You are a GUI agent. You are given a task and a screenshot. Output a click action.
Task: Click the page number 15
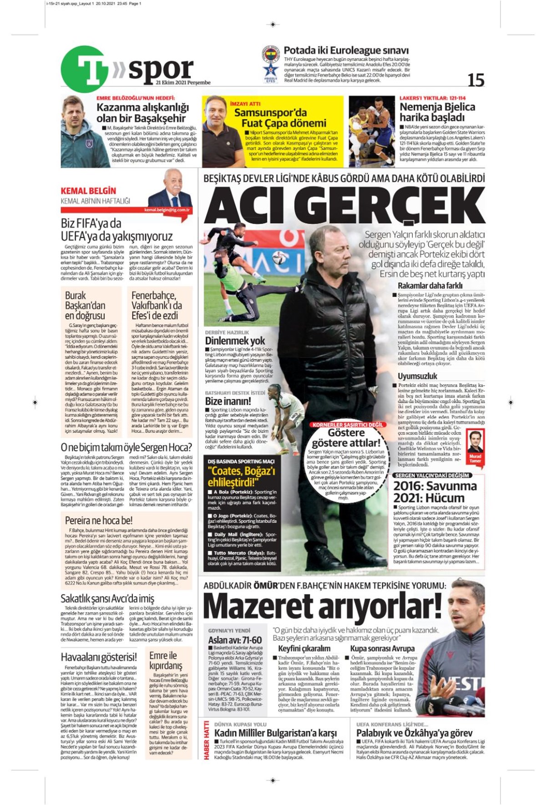click(476, 80)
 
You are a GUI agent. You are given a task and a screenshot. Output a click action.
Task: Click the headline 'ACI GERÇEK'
click(344, 205)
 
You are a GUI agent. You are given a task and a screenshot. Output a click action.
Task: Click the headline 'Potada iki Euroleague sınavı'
click(346, 50)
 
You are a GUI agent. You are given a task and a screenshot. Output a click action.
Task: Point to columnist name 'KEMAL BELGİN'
click(88, 191)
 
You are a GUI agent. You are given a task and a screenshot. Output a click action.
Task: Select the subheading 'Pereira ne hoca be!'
click(99, 520)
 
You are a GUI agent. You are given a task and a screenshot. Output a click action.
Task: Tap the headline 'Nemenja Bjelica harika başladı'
click(437, 112)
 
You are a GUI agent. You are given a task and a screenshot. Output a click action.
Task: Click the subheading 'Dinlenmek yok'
click(235, 341)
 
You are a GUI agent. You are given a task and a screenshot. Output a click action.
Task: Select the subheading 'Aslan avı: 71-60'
click(235, 640)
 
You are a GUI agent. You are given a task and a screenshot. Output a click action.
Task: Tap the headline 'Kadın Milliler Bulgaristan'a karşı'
click(275, 733)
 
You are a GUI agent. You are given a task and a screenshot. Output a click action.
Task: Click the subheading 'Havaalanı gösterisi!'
click(99, 657)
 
